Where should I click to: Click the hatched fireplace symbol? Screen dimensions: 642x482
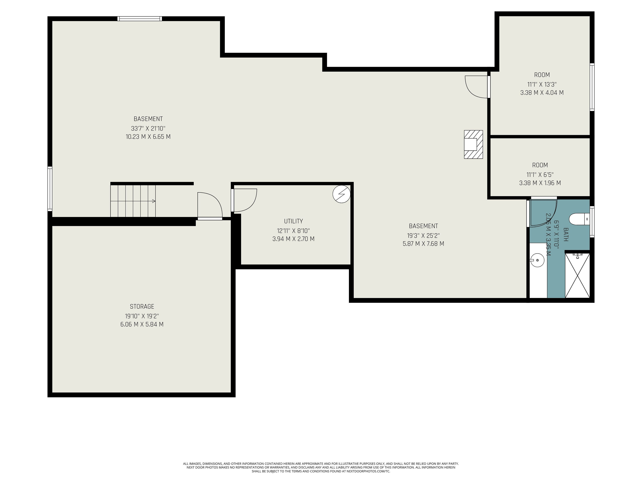473,144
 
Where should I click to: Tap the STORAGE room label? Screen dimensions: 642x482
142,306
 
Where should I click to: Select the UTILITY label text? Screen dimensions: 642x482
293,221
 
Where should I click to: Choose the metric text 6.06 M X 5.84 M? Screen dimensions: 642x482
142,324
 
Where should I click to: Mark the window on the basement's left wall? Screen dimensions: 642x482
50,189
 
